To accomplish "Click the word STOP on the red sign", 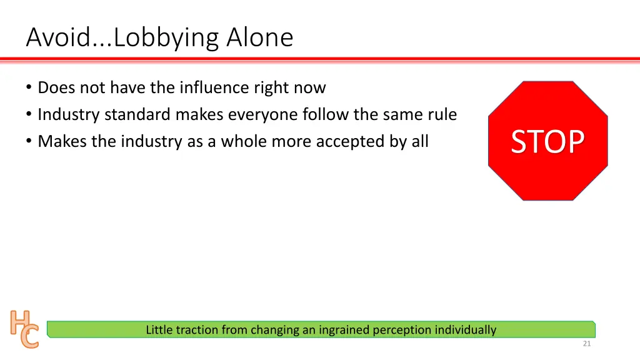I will click(547, 142).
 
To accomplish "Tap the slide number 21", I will click(586, 344).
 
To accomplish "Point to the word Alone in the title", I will click(259, 38).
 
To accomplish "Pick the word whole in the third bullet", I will click(244, 141).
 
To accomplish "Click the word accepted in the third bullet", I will click(350, 141).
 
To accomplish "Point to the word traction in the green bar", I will click(197, 329).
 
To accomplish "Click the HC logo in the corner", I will click(24, 329).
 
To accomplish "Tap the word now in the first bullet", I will click(310, 87).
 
